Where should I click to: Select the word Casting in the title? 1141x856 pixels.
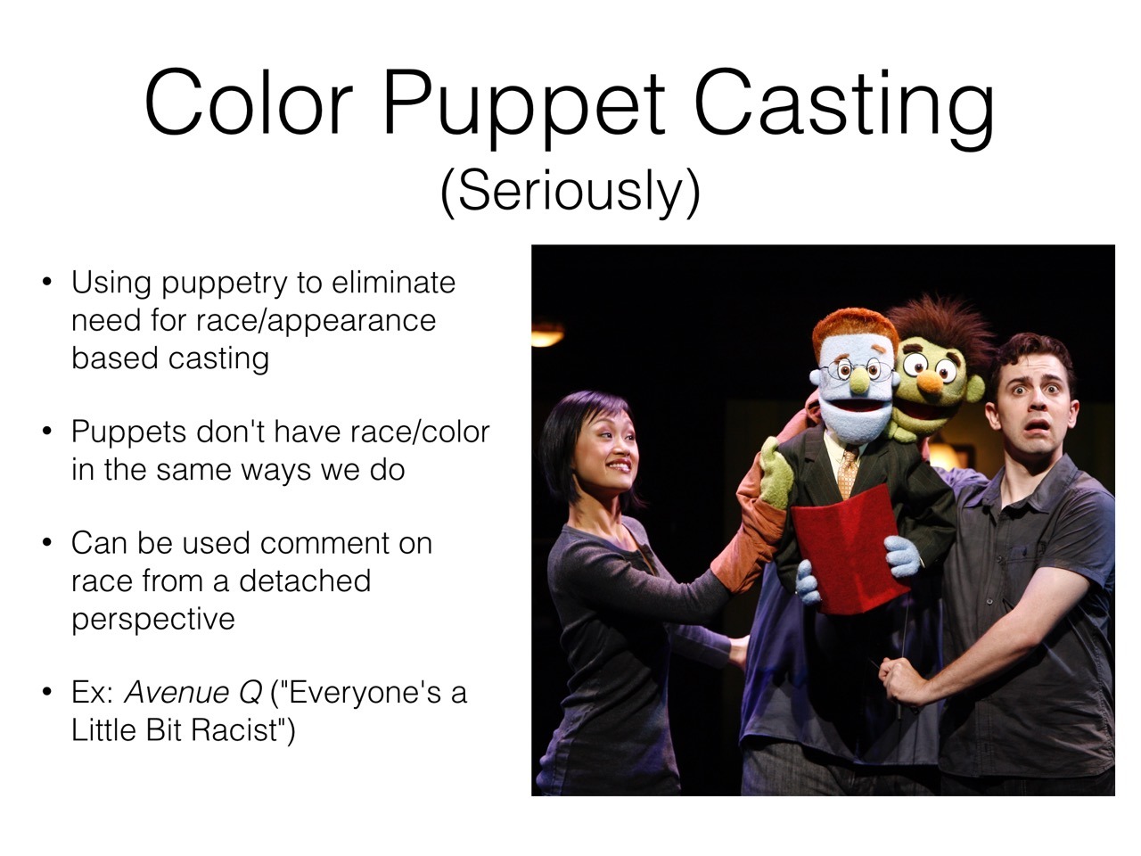coord(844,104)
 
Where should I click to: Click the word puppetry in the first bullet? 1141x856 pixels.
coord(224,284)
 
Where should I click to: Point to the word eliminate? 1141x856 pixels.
coord(393,283)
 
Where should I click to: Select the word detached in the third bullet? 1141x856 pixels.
coord(305,580)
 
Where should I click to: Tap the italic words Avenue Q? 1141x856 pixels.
coord(193,693)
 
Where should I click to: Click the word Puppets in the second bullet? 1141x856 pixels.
coord(127,432)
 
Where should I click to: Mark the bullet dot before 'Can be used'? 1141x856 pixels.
coord(47,543)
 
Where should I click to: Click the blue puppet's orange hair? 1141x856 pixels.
coord(855,327)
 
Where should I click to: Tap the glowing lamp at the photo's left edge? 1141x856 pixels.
coord(546,333)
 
